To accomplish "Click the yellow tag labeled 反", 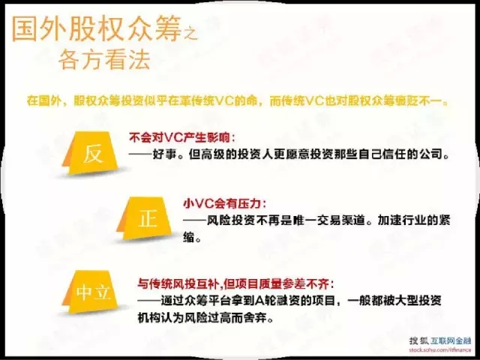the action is pos(90,153).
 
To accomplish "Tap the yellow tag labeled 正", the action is pos(144,218).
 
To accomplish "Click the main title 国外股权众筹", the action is pos(97,28).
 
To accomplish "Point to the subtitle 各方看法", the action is pos(104,59).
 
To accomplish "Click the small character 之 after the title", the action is pos(190,33).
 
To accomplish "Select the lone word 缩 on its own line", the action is pos(189,237).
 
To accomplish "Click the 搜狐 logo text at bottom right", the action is pos(419,340).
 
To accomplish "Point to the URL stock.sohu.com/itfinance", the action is pos(440,349).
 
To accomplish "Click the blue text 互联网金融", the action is pos(451,340).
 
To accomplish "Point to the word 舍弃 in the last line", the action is pos(256,318).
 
